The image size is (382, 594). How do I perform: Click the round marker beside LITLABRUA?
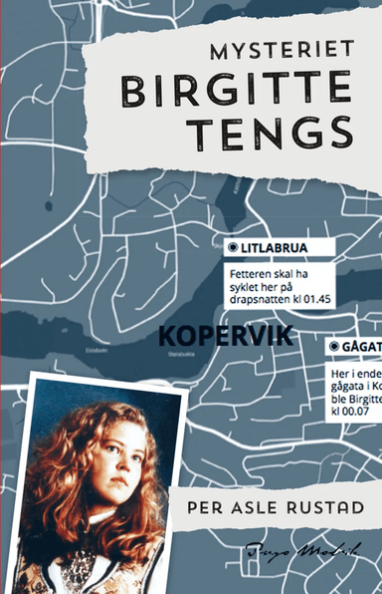[x=233, y=246]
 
